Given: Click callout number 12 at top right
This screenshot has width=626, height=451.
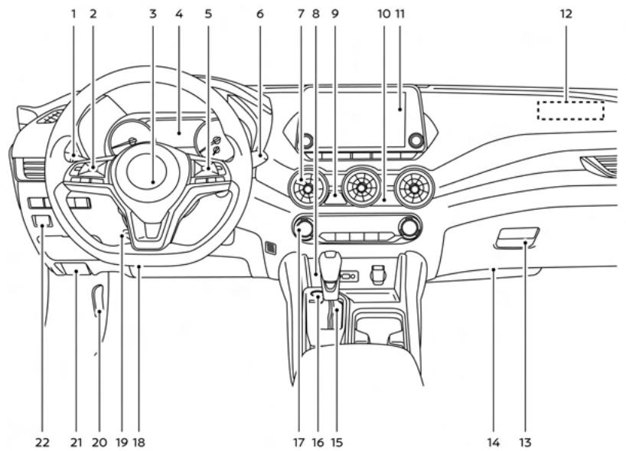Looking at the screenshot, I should (566, 14).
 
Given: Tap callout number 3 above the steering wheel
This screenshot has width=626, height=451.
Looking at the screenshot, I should (153, 14).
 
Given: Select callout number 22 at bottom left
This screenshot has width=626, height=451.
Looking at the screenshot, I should (42, 441).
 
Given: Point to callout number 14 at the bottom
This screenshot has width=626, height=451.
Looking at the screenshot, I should (494, 441).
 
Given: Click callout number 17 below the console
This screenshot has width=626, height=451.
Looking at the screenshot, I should (298, 441).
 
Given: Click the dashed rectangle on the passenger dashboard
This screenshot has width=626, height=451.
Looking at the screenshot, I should (570, 110).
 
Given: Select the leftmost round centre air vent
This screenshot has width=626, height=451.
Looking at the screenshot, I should (308, 188).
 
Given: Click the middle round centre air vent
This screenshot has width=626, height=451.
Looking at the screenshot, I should (360, 188).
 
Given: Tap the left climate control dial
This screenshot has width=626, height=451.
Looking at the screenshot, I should (304, 227).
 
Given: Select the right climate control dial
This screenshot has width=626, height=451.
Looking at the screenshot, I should (409, 227).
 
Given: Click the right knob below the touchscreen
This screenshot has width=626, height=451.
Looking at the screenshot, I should (416, 141).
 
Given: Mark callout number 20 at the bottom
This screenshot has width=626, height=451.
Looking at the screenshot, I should (99, 441).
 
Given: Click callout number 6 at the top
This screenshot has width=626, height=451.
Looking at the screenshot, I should (259, 14).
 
